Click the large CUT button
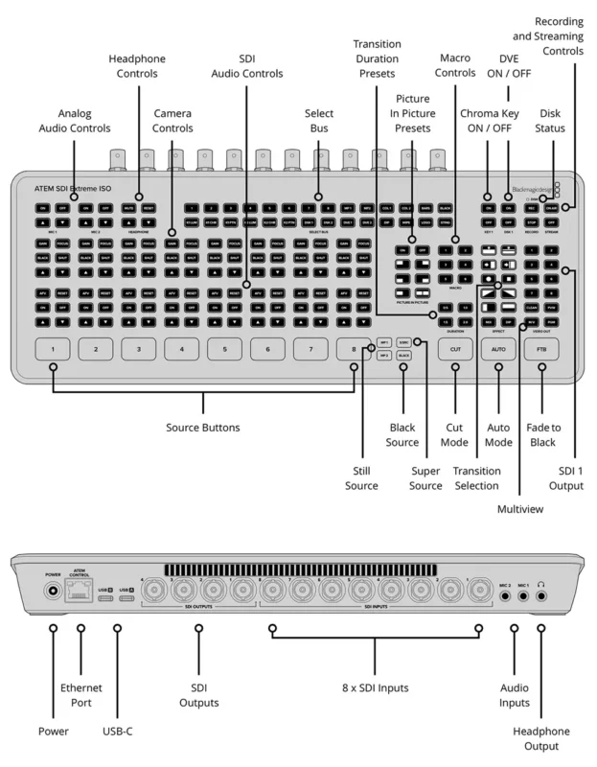tap(455, 351)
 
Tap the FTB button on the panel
tap(542, 351)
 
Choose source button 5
tap(224, 351)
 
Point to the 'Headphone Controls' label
tap(138, 66)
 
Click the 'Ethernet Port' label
tap(82, 694)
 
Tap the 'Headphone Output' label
tap(547, 739)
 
